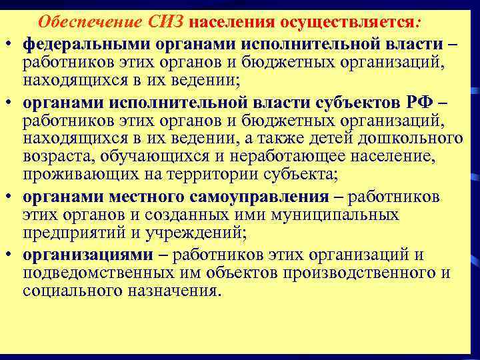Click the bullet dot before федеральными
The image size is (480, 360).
click(x=13, y=44)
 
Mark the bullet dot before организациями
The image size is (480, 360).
click(x=13, y=255)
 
